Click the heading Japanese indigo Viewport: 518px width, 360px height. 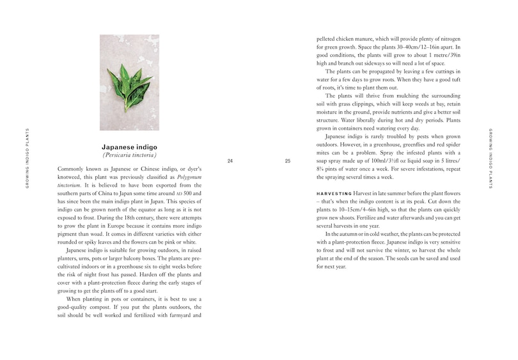click(x=129, y=147)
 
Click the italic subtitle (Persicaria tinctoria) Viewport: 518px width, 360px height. click(x=129, y=155)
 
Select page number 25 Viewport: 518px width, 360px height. click(x=288, y=161)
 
